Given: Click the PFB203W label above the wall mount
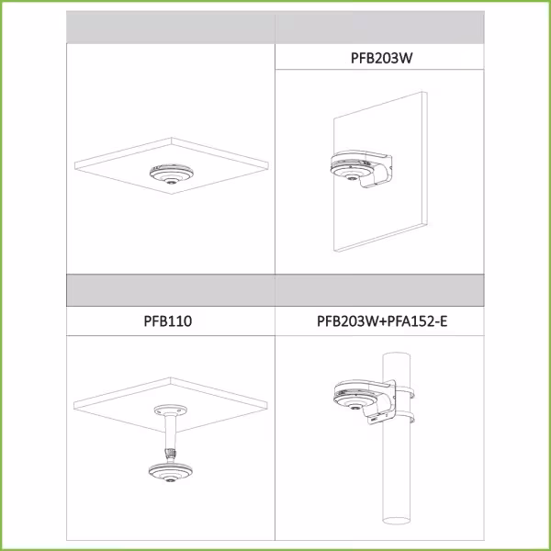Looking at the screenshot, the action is tap(381, 58).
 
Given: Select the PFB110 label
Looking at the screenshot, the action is tap(168, 320).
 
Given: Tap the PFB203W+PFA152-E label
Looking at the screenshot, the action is tap(382, 321).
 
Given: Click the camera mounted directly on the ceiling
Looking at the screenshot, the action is tap(172, 174).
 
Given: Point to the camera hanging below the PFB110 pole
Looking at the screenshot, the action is tap(171, 472).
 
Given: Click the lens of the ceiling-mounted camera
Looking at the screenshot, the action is tap(172, 182).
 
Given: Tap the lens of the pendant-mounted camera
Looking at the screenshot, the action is tap(171, 480).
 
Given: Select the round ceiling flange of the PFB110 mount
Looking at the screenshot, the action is tap(171, 410).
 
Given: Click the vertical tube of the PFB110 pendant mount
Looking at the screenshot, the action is tap(171, 432).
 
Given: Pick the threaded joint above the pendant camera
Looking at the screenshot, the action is tap(171, 454).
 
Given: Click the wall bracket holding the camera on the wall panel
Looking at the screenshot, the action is tap(375, 168).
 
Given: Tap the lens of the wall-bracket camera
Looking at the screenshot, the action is tap(351, 178).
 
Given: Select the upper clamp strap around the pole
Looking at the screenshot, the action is tap(405, 392).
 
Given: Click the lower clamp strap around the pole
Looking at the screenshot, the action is tap(405, 418).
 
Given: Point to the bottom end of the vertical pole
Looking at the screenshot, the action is tap(396, 520).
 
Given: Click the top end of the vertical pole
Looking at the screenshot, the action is tap(396, 356).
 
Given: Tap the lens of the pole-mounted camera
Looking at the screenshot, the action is tap(355, 408).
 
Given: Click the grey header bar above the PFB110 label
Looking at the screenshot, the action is tap(171, 290).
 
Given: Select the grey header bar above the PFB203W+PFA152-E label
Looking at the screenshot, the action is tap(379, 290).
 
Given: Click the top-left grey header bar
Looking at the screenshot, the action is tap(171, 28).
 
